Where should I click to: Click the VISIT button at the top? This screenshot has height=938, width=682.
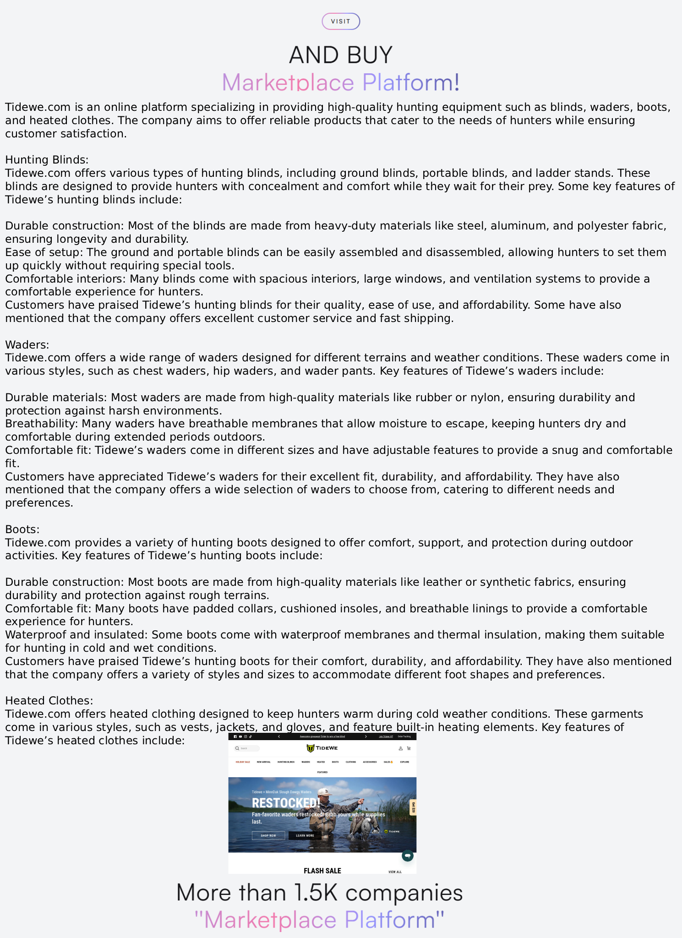coord(340,22)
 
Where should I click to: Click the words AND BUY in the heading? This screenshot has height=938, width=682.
coord(341,55)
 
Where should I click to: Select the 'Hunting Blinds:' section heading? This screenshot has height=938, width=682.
coord(47,160)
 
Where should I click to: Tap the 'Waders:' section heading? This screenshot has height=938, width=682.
coord(27,344)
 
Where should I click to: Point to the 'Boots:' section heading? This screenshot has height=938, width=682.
coord(22,529)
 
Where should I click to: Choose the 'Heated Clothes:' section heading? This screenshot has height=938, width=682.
coord(49,701)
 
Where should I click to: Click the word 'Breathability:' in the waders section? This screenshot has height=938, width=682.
coord(41,424)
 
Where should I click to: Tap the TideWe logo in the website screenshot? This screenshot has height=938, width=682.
coord(322,748)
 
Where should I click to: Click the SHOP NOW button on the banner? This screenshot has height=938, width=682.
coord(268,835)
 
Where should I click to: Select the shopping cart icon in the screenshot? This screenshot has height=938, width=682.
coord(409,748)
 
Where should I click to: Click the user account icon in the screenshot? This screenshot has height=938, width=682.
coord(400,748)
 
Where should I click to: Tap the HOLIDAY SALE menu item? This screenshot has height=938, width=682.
coord(243,762)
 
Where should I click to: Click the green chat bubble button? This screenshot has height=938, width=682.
coord(407,856)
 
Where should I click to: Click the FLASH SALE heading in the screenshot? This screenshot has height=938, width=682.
coord(322,871)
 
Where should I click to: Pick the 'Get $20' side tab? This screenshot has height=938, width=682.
coord(413,807)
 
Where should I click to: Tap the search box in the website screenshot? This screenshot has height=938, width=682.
coord(247,748)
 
